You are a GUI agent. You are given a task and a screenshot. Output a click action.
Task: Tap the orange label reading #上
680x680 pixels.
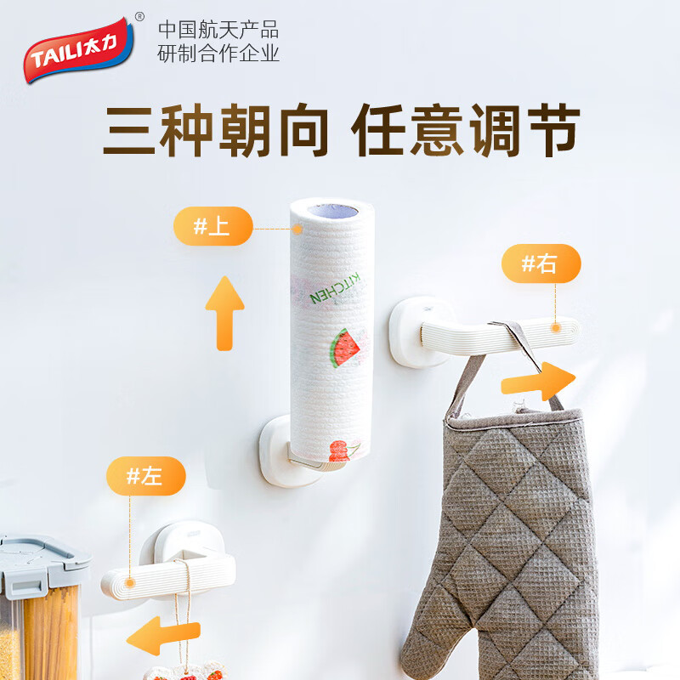pos(212,227)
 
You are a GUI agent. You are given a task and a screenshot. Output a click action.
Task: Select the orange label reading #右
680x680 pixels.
pos(541,263)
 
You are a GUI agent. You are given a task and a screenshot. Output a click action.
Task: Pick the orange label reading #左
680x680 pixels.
pos(145,475)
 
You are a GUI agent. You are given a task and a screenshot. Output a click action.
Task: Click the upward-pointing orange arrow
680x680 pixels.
pos(224,312)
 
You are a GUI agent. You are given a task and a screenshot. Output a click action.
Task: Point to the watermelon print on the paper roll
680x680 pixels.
pos(347,347)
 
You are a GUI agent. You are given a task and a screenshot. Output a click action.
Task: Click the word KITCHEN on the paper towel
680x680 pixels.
pos(337,286)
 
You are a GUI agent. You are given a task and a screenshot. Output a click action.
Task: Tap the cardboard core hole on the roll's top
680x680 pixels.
pos(331,210)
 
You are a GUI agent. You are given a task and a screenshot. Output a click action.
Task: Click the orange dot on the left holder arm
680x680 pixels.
pos(130,582)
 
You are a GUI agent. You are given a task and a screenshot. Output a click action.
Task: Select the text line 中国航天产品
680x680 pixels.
pos(218,30)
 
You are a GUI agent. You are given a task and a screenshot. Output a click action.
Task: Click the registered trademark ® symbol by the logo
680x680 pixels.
pos(139,16)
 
